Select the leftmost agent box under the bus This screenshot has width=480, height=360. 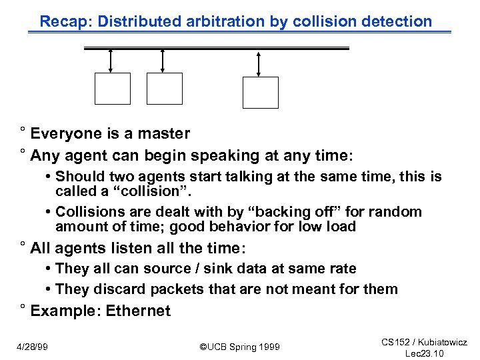[113, 89]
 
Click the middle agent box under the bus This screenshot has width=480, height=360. [165, 89]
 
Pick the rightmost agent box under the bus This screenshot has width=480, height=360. [260, 93]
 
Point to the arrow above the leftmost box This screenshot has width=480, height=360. [111, 61]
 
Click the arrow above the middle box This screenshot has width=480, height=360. [163, 61]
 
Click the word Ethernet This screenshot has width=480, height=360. [138, 311]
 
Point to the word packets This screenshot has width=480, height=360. [176, 289]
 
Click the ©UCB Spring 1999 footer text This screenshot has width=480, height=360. [240, 347]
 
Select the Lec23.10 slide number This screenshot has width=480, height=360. [424, 353]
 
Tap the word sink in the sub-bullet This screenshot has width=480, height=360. [219, 269]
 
